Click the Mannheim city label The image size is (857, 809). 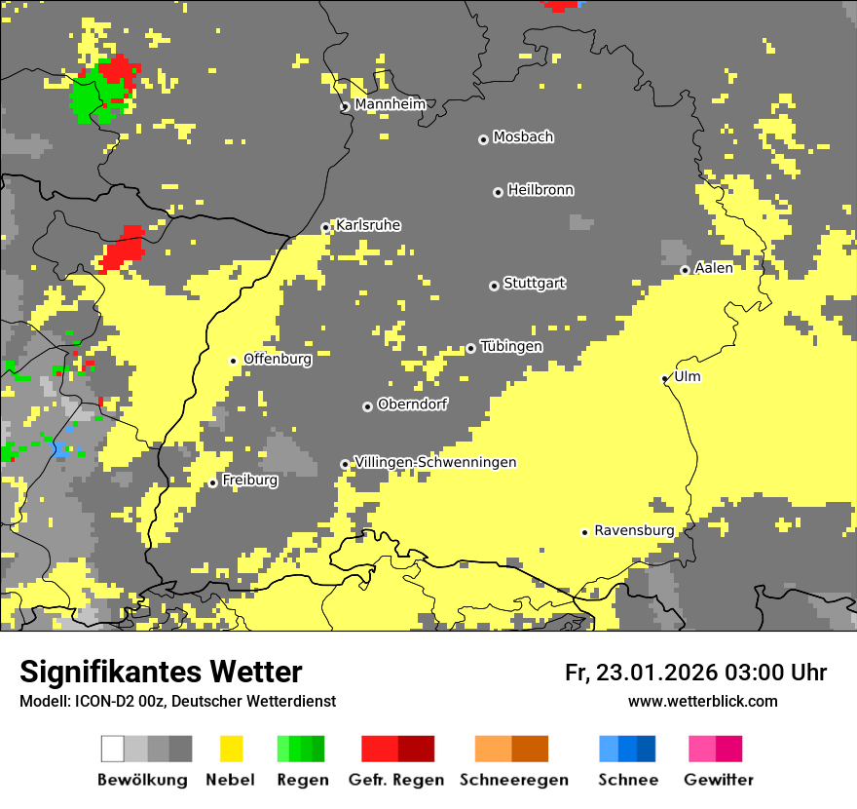tap(390, 104)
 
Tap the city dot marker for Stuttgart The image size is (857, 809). tap(494, 286)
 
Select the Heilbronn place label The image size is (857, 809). tap(540, 190)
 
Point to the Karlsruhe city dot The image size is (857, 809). tap(326, 228)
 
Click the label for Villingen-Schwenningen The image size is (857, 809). tap(435, 462)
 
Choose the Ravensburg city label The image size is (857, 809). tap(634, 530)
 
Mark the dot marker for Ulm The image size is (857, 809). tap(665, 378)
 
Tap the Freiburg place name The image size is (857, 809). tap(249, 481)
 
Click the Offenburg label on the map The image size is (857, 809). tap(278, 359)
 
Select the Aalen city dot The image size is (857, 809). tap(685, 270)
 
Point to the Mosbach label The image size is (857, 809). tap(523, 137)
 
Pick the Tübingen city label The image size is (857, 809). tap(511, 346)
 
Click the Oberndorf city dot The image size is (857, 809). tap(367, 406)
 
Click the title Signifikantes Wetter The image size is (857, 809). tap(161, 672)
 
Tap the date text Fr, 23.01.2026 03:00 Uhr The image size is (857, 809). tap(695, 673)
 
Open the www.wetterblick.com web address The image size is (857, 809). tap(702, 701)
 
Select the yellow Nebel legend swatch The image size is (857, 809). tap(231, 749)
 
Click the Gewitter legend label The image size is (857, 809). tap(718, 780)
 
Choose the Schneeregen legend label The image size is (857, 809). tap(513, 780)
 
